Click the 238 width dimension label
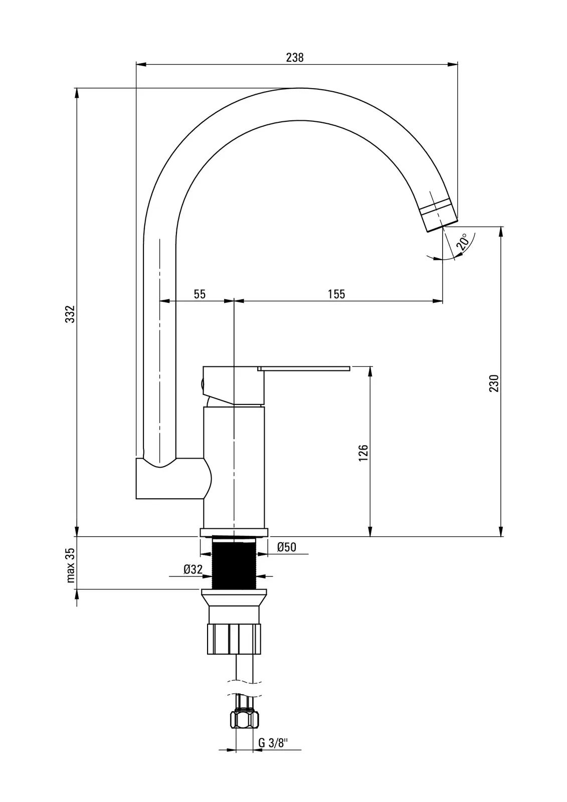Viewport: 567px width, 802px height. pos(295,58)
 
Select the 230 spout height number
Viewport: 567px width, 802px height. pos(494,383)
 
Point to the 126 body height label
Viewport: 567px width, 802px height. pos(364,452)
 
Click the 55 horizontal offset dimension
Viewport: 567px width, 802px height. pos(200,294)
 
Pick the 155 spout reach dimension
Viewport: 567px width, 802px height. pos(336,294)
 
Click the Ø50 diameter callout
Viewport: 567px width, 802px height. pos(286,547)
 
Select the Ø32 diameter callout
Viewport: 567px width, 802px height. pos(193,569)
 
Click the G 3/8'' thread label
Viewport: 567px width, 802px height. pos(272,743)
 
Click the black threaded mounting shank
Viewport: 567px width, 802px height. pos(235,563)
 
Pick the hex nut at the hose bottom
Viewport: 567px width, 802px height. pos(245,720)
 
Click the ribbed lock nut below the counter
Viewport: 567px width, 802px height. pos(235,639)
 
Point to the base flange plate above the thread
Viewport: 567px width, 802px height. pos(234,532)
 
